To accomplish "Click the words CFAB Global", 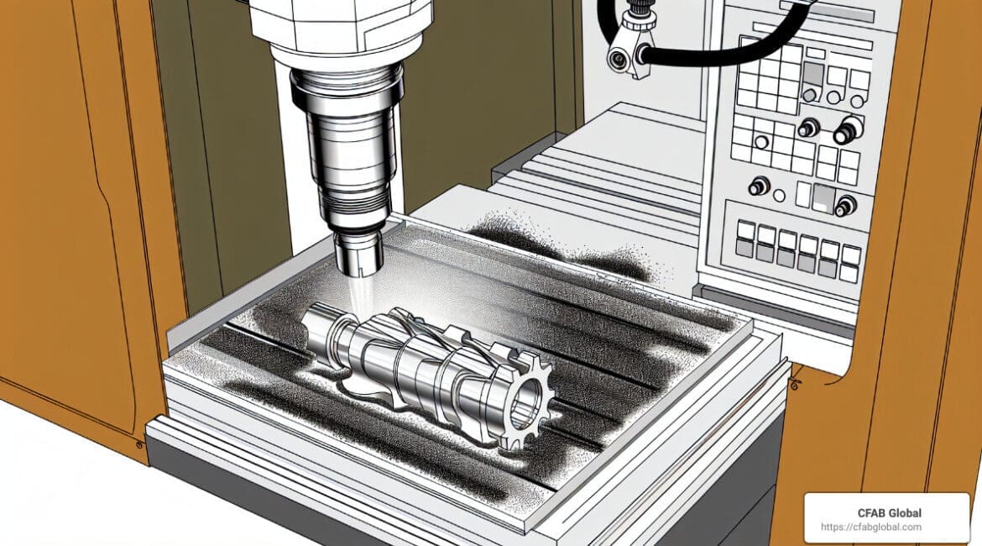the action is (x=890, y=512).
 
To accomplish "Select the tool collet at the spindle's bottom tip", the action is (x=359, y=253).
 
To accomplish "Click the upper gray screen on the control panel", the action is (x=813, y=73).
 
